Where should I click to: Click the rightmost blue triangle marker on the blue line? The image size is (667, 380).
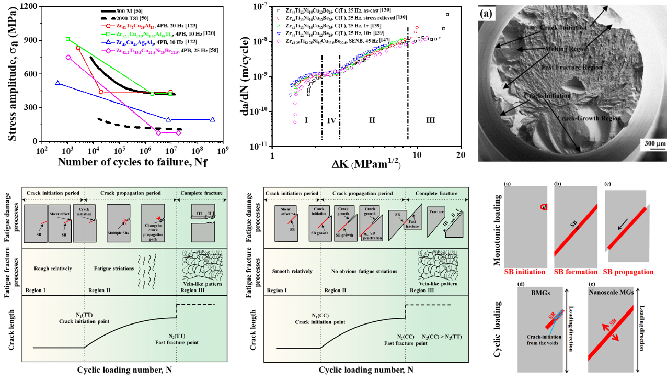(x=213, y=120)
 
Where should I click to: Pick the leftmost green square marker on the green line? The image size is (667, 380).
(x=67, y=39)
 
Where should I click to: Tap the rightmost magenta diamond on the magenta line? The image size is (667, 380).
(x=179, y=133)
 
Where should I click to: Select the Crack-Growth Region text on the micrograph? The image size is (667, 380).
(x=589, y=118)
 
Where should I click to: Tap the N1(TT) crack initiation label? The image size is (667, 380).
(x=84, y=317)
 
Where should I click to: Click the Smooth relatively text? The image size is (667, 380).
(x=292, y=271)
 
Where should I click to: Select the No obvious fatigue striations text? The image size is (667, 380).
(x=364, y=271)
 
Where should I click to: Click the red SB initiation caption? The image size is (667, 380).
(x=524, y=272)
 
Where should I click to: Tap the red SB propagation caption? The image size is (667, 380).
(x=628, y=272)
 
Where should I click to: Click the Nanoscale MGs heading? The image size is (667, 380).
(x=611, y=292)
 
